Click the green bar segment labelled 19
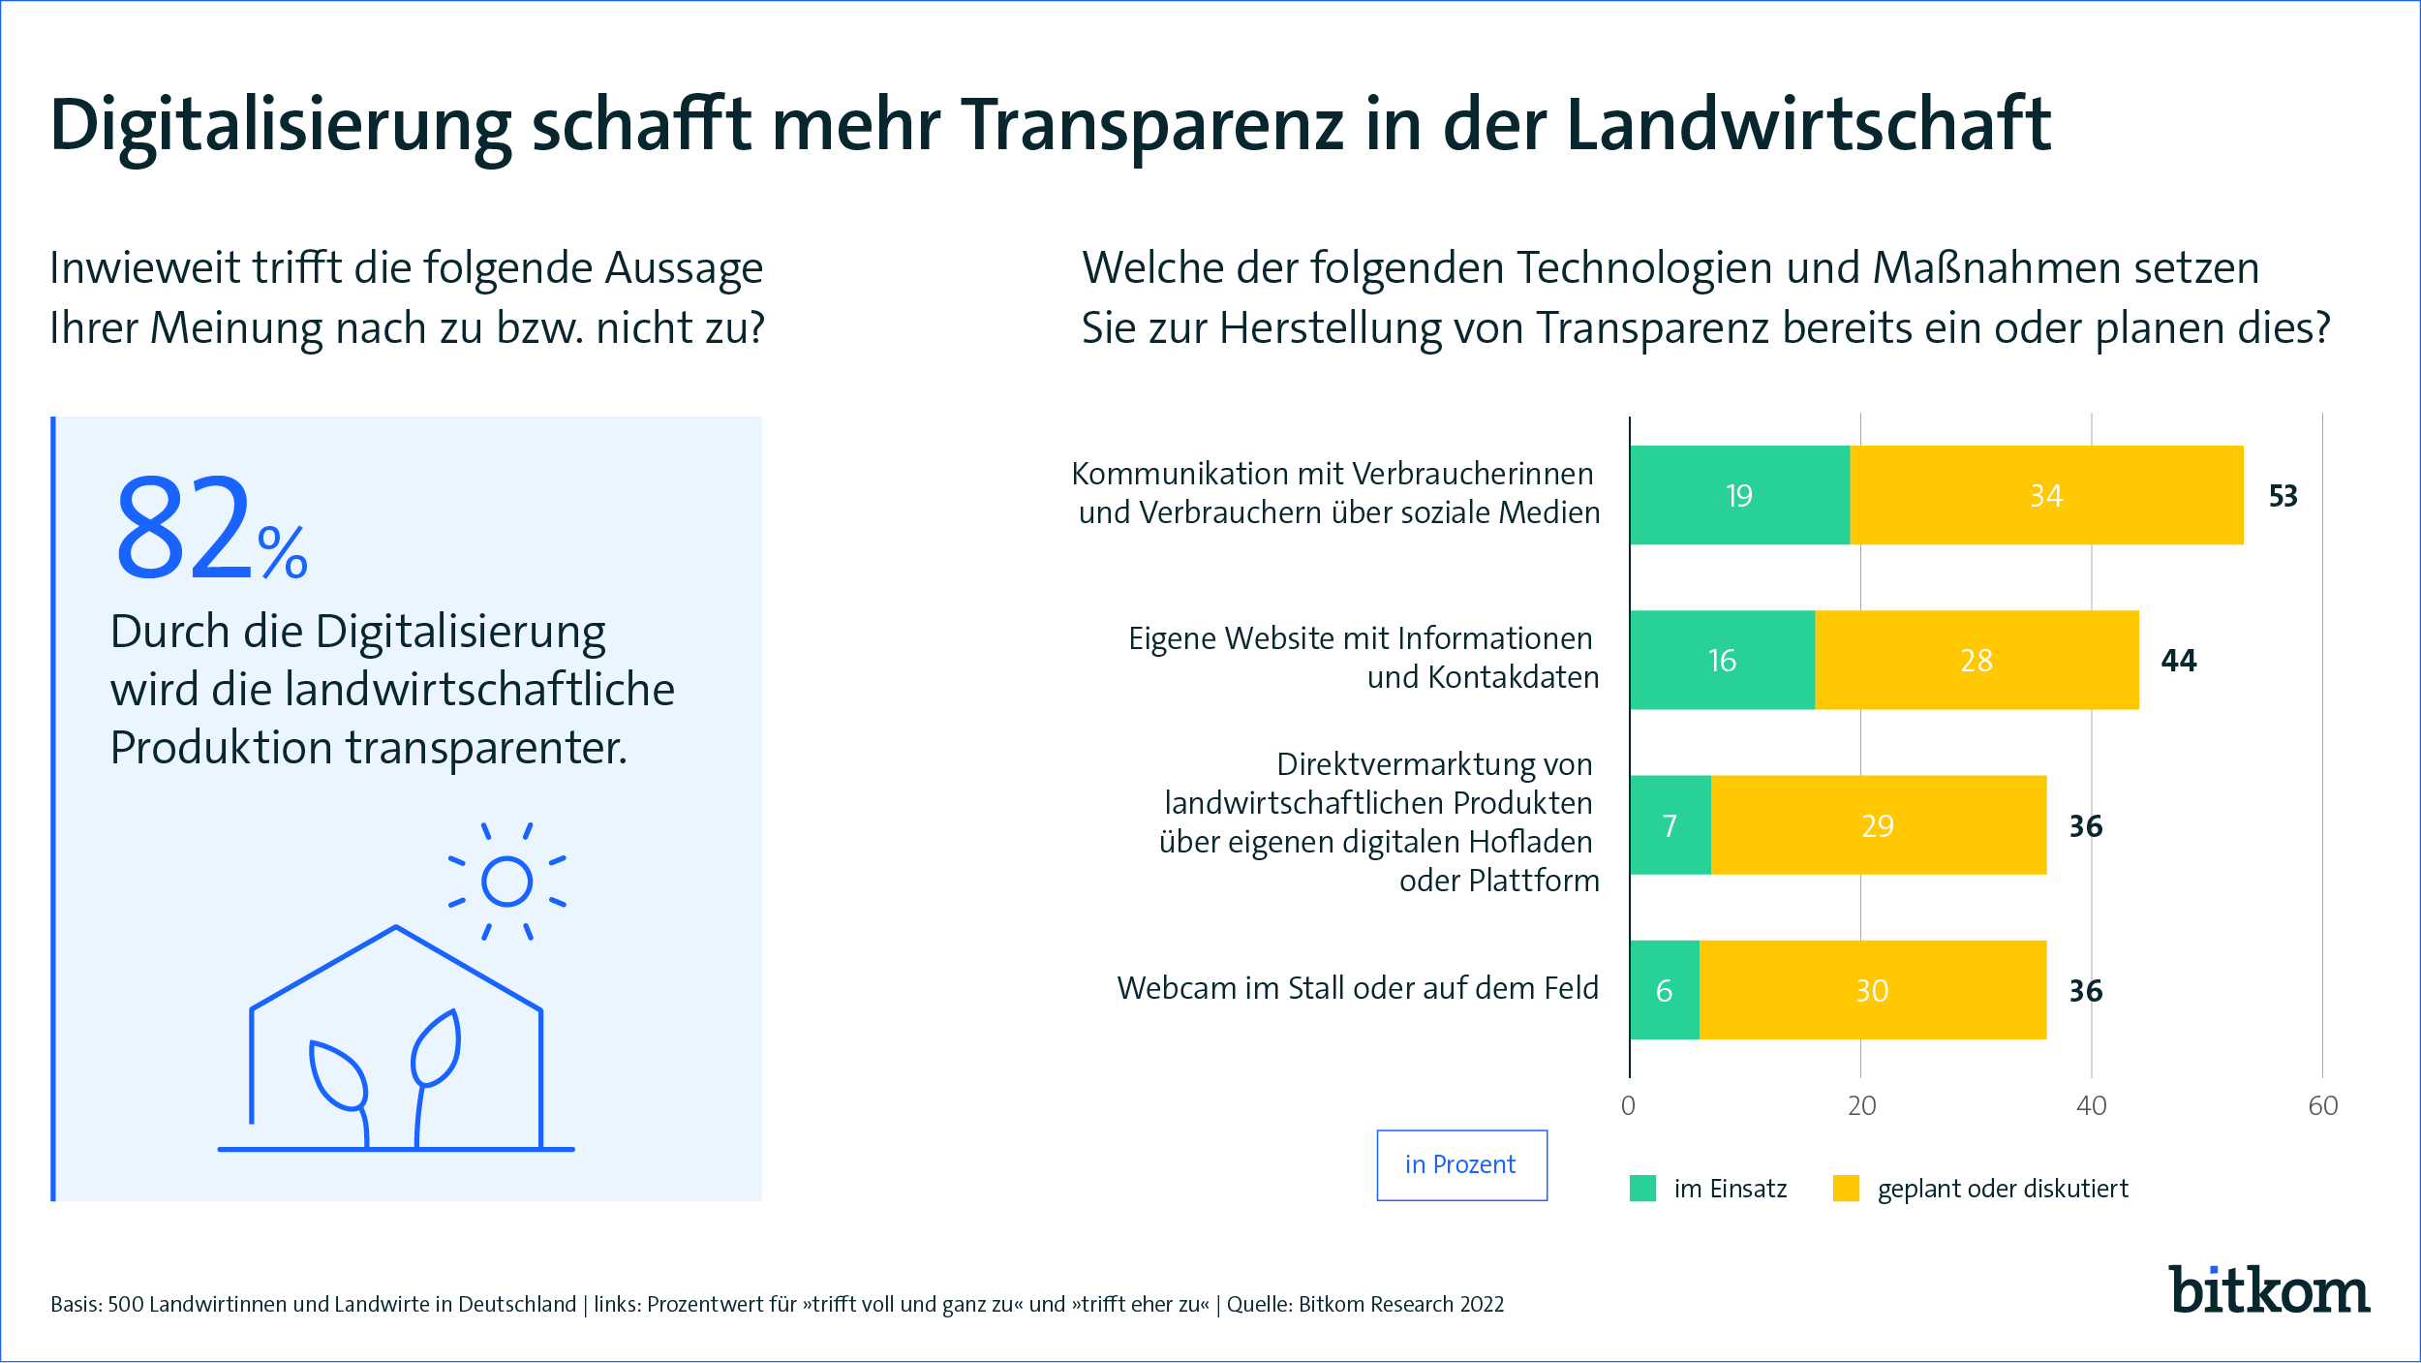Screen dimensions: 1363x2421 tap(1739, 495)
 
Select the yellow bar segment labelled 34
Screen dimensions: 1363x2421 tap(2046, 495)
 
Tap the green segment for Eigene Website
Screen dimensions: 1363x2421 tap(1722, 660)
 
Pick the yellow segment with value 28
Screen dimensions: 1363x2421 tap(1977, 660)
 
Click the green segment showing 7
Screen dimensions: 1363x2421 tap(1670, 825)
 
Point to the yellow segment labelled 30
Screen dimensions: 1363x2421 tap(1872, 990)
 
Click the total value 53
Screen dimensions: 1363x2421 tap(2283, 496)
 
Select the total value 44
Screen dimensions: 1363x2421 tap(2179, 661)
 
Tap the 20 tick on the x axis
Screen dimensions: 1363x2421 tap(1861, 1105)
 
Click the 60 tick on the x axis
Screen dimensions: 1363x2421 tap(2322, 1105)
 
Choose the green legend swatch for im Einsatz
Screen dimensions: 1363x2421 tap(1643, 1188)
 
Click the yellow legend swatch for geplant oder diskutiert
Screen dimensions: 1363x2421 tap(1846, 1188)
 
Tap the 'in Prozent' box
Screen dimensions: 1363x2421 tap(1461, 1164)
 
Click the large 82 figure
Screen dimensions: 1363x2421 tap(184, 528)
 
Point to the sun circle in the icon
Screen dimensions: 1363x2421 tap(506, 882)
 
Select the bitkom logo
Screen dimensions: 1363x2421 tap(2268, 1289)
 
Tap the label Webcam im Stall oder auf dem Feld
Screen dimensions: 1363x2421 tap(1358, 988)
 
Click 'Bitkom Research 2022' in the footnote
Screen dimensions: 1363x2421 tap(1401, 1304)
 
